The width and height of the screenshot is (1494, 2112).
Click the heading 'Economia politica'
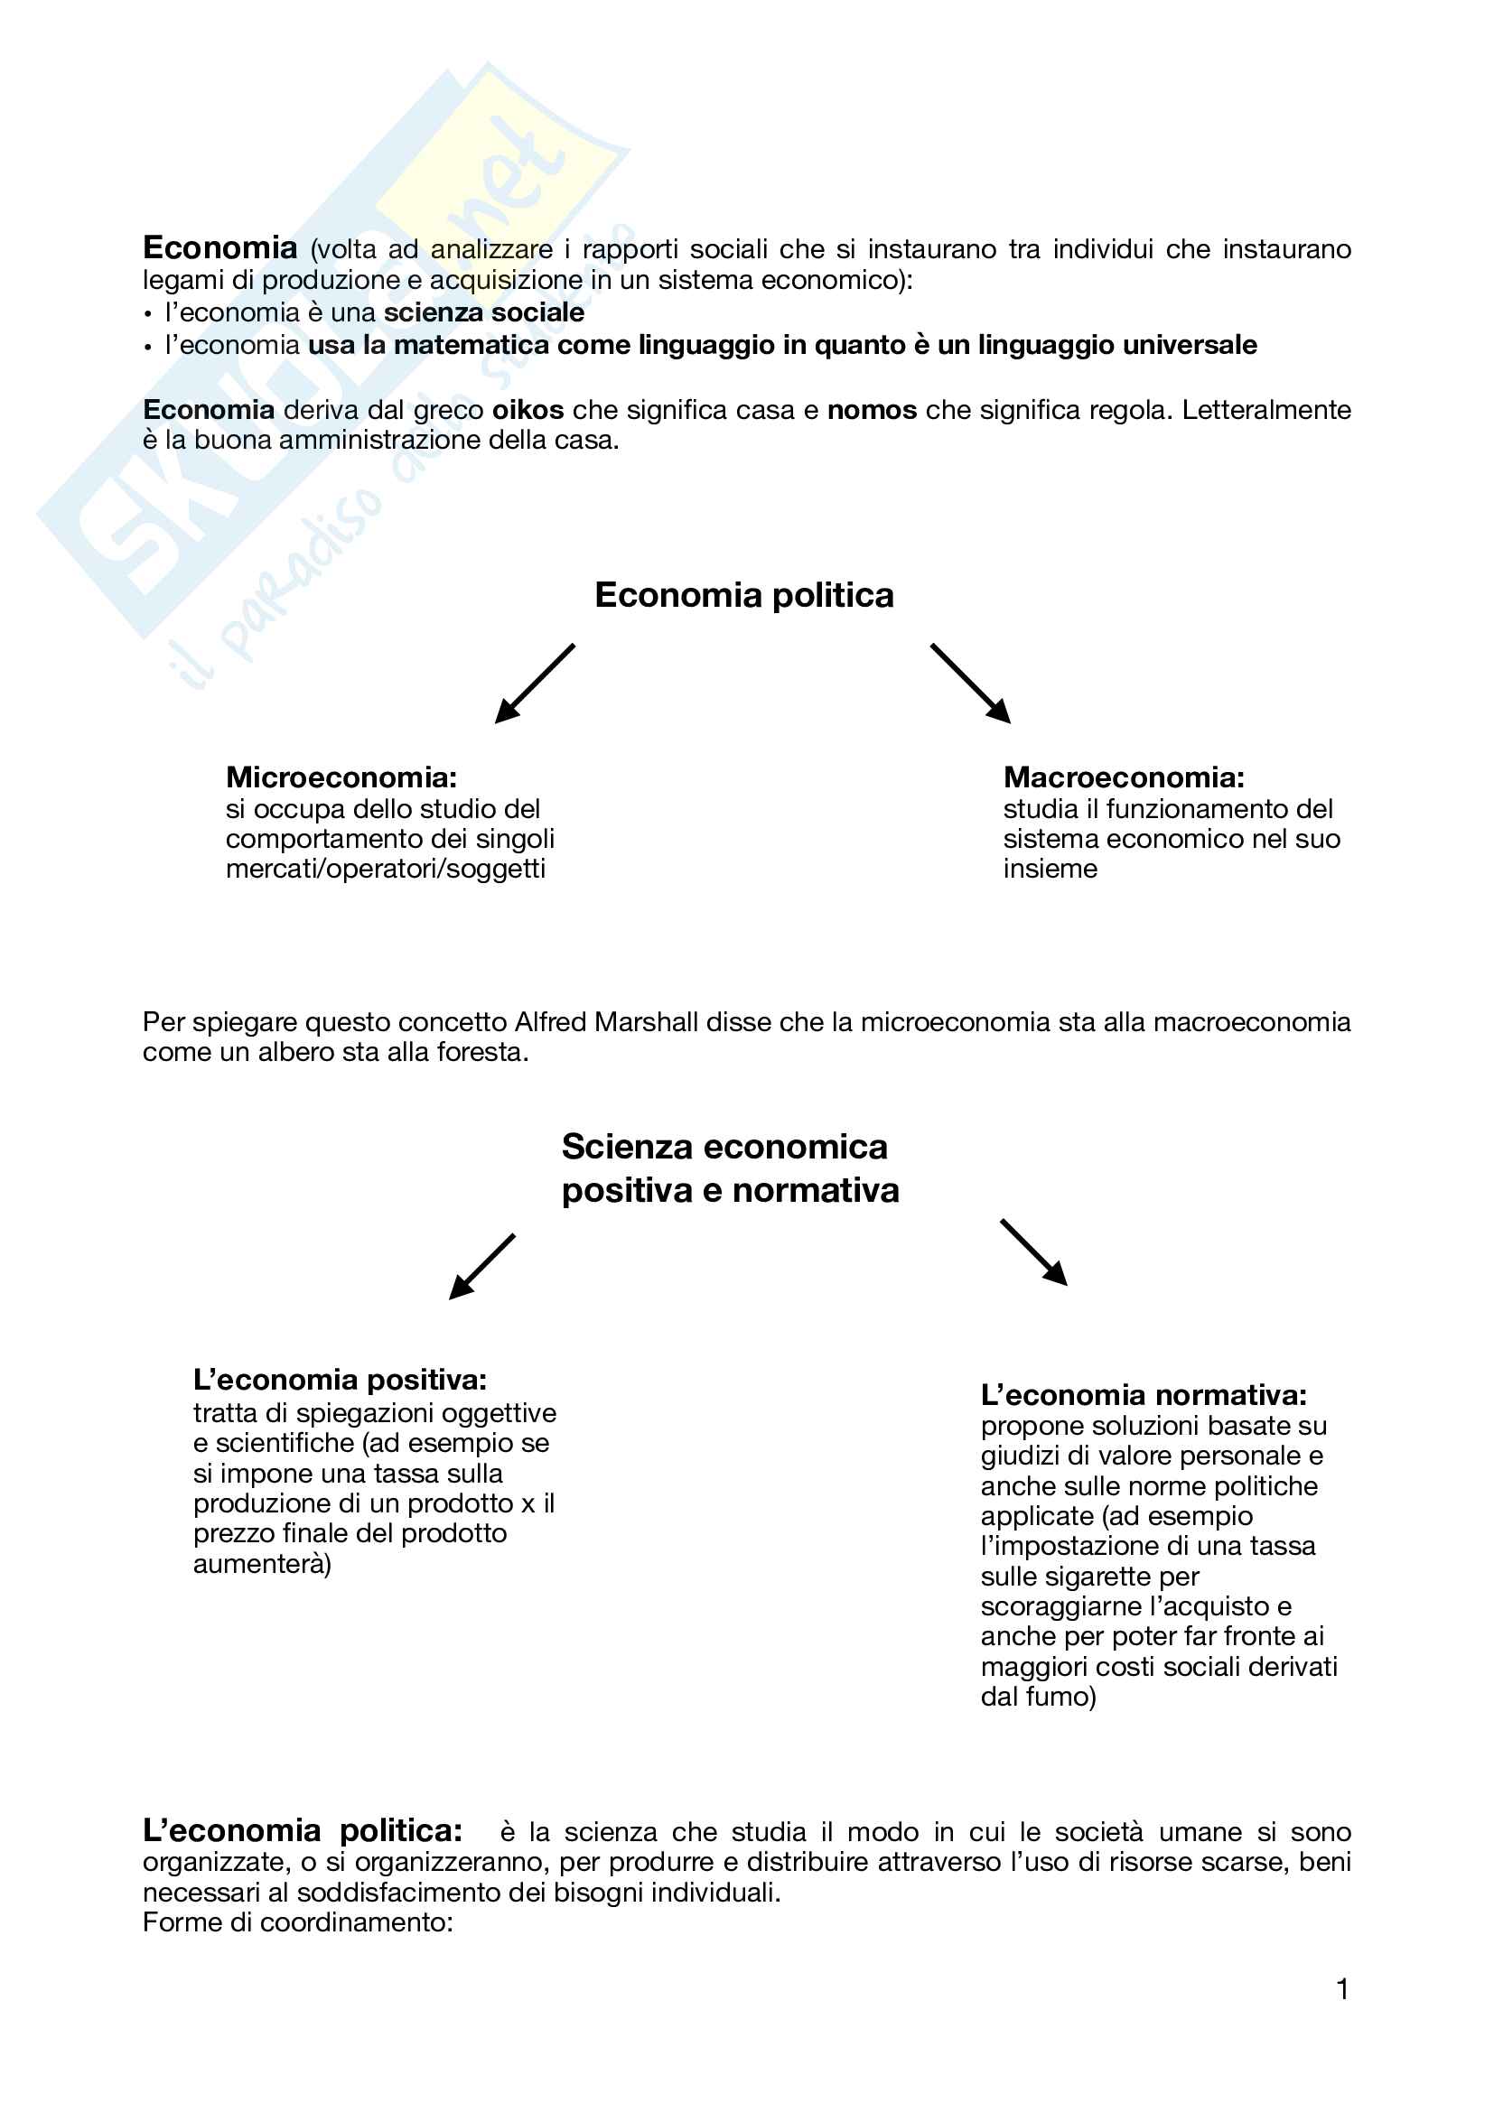point(744,595)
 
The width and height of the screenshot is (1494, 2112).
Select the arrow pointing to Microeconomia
point(535,683)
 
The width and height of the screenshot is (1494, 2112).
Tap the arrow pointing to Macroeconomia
point(970,683)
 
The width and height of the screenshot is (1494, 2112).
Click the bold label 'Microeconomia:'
point(341,777)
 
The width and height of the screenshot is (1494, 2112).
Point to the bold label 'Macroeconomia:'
point(1124,777)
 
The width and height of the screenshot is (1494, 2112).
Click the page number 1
point(1342,1990)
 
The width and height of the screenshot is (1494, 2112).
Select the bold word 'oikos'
point(528,410)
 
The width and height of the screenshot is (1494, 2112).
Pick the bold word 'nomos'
point(873,410)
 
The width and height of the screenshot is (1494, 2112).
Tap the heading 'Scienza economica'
point(725,1147)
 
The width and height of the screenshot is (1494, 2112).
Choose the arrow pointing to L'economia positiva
point(481,1267)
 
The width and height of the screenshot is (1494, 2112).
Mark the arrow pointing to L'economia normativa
point(1034,1253)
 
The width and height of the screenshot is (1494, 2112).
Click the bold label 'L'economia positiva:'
point(340,1380)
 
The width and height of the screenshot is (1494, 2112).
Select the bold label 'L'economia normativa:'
point(1144,1395)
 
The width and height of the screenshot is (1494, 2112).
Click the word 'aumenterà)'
point(262,1564)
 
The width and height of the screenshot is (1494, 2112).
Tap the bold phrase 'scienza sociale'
point(484,312)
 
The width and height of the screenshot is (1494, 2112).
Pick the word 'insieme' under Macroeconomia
point(1050,869)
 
